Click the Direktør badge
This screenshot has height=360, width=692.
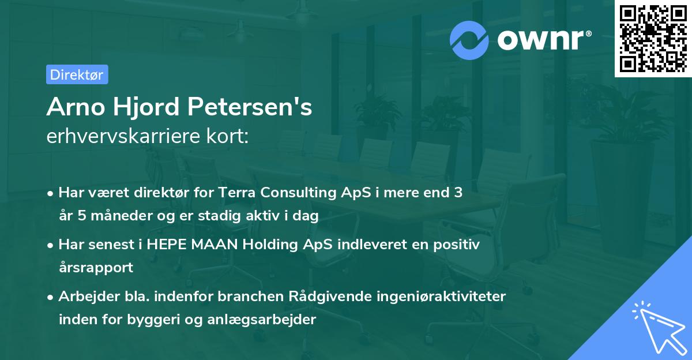[77, 74]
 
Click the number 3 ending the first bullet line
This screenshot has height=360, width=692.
[458, 193]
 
